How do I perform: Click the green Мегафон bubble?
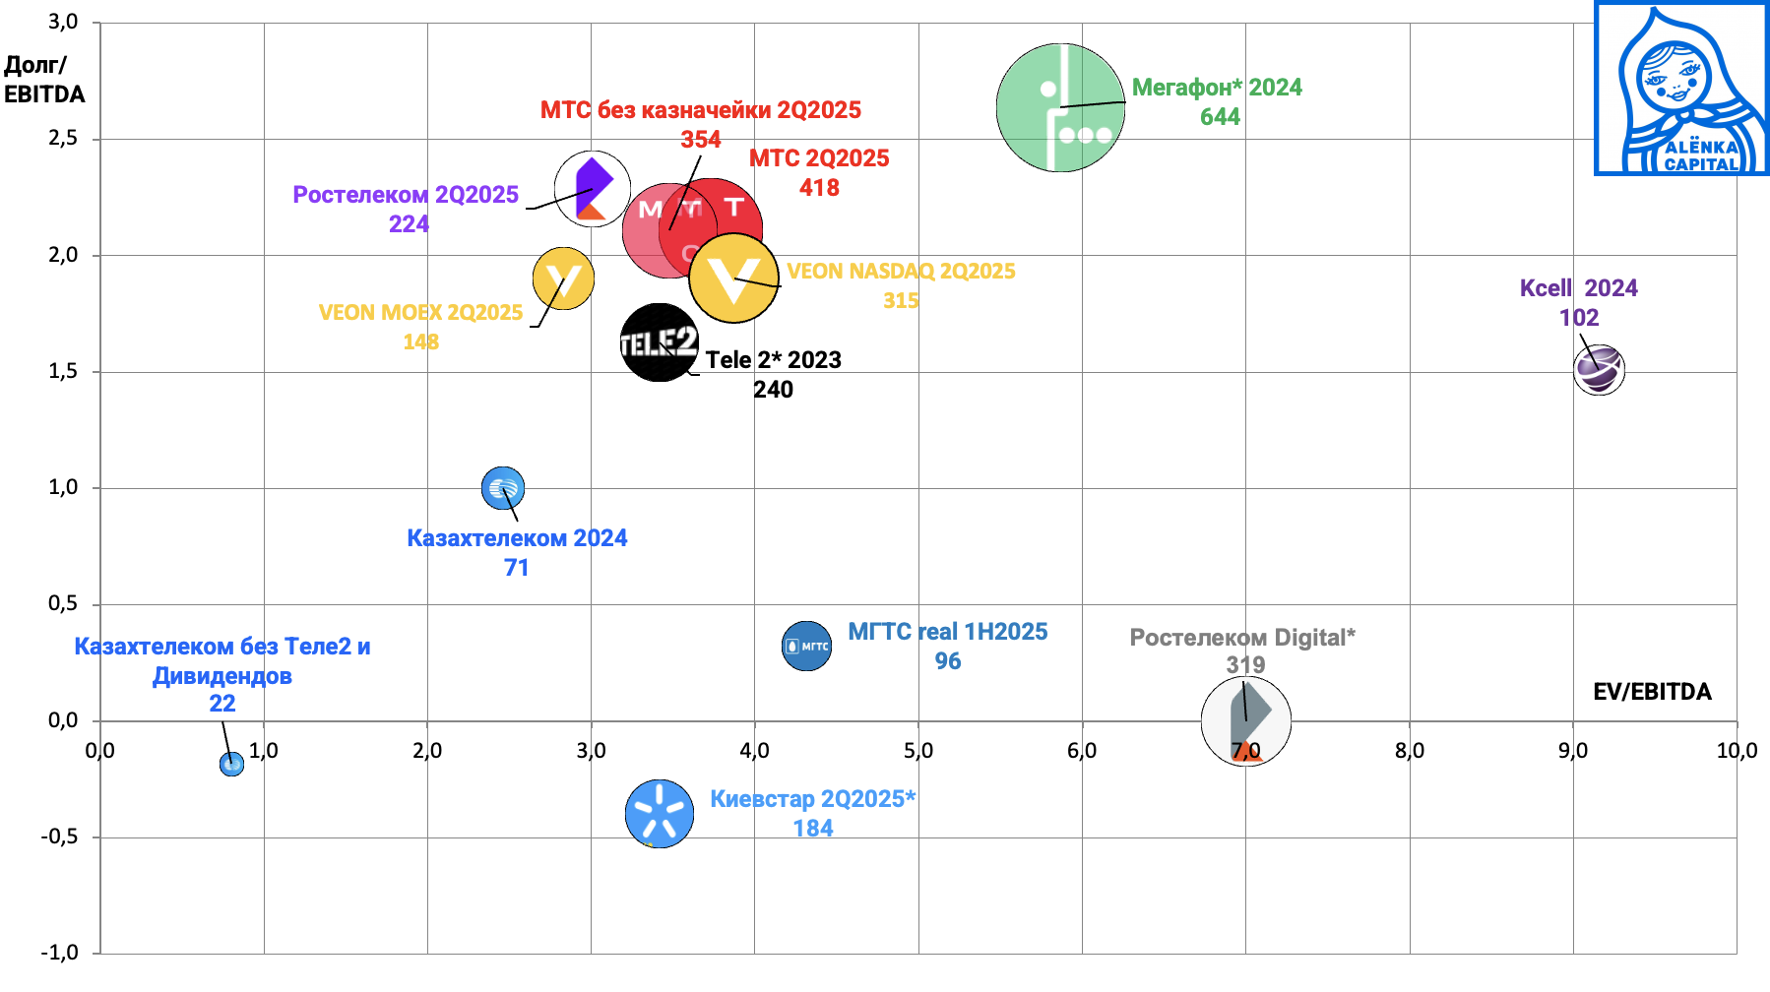click(x=1060, y=107)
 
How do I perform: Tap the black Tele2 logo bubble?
click(x=659, y=342)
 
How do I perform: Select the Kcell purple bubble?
click(x=1598, y=370)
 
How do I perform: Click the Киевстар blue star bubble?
click(x=659, y=814)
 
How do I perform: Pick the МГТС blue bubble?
click(x=806, y=647)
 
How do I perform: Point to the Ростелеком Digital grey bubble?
click(x=1245, y=721)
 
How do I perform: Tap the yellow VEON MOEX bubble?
click(x=563, y=279)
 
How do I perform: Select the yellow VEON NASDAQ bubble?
click(x=734, y=279)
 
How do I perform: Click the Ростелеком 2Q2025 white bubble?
click(x=593, y=188)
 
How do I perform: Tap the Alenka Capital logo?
click(x=1680, y=90)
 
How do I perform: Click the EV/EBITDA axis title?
click(x=1652, y=692)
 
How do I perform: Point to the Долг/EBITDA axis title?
click(x=44, y=80)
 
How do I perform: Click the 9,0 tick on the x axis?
click(x=1572, y=751)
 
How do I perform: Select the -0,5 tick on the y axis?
click(x=59, y=837)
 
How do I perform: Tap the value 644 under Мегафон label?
click(x=1220, y=117)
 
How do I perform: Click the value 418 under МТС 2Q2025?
click(x=819, y=188)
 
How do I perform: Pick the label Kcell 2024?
click(x=1578, y=288)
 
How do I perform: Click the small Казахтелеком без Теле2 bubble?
click(x=231, y=764)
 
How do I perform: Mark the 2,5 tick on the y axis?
click(x=63, y=138)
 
